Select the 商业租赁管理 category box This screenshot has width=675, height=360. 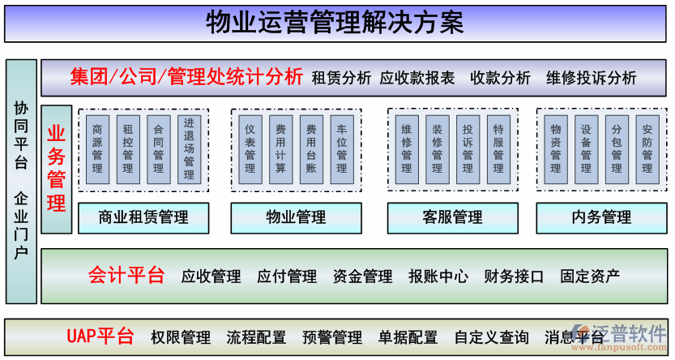(143, 217)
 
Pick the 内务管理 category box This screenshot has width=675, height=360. (601, 217)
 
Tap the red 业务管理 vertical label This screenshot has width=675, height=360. (57, 169)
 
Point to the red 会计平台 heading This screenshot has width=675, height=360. (126, 276)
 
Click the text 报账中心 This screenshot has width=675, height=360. (438, 276)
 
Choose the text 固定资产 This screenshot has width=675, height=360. (590, 276)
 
